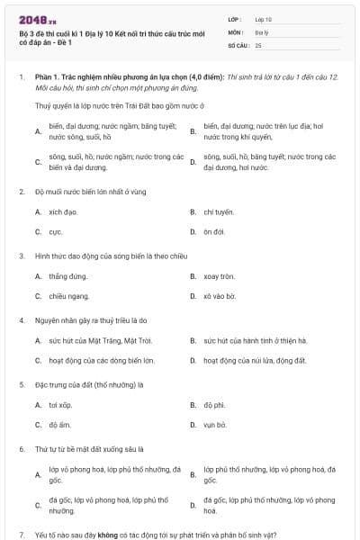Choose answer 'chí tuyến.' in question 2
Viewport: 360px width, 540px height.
(219, 211)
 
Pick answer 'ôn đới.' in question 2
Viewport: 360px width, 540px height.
(213, 231)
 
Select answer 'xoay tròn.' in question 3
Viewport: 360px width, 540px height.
(219, 275)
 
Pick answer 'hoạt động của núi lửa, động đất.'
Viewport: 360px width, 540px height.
(255, 360)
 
